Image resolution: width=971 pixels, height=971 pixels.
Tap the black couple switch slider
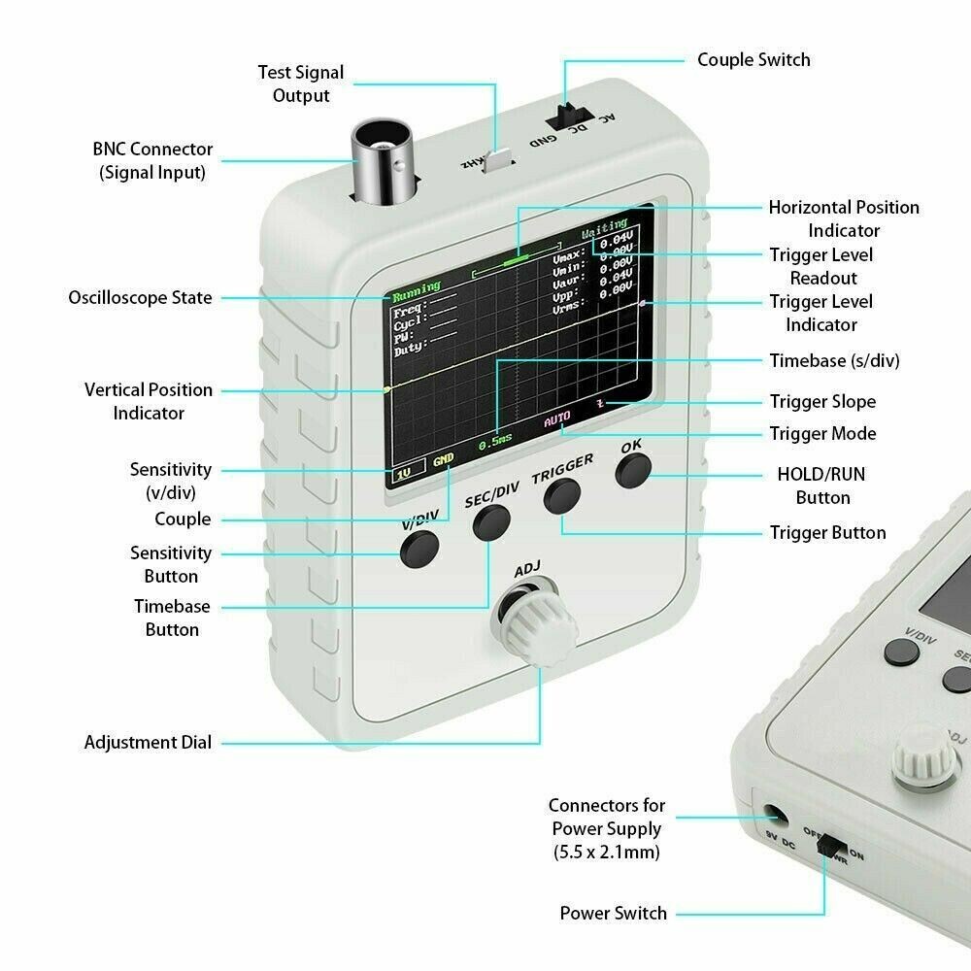click(561, 115)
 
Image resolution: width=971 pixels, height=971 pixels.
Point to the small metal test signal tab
click(499, 159)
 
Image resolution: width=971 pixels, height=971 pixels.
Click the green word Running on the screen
click(417, 286)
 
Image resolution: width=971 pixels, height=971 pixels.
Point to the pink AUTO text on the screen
click(557, 419)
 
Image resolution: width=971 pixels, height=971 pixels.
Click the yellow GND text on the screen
click(443, 459)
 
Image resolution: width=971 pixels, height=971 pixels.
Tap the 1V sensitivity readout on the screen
click(405, 474)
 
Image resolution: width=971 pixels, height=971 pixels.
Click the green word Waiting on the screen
click(604, 235)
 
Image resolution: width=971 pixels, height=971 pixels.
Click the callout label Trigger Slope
click(821, 401)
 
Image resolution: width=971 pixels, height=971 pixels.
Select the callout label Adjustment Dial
click(148, 742)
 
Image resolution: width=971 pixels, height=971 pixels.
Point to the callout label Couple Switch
click(753, 59)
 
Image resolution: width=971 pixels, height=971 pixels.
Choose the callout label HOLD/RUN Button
click(821, 485)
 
